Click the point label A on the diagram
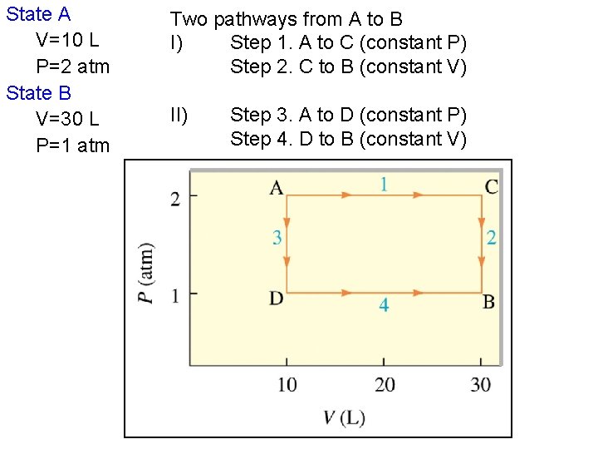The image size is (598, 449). pyautogui.click(x=277, y=187)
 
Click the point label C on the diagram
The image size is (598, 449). pyautogui.click(x=492, y=187)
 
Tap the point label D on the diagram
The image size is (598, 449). pyautogui.click(x=277, y=299)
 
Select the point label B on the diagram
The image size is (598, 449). pyautogui.click(x=489, y=302)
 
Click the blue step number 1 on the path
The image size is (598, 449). pyautogui.click(x=384, y=184)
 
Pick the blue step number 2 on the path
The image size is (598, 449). pyautogui.click(x=492, y=239)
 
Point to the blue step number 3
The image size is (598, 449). pyautogui.click(x=277, y=239)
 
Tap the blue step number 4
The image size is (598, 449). pyautogui.click(x=384, y=306)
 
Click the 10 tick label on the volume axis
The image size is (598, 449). pyautogui.click(x=287, y=384)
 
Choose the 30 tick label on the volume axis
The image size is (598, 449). pyautogui.click(x=480, y=384)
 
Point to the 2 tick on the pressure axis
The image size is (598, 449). pyautogui.click(x=175, y=197)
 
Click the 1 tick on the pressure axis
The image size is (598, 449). pyautogui.click(x=175, y=294)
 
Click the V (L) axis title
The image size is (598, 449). pyautogui.click(x=343, y=417)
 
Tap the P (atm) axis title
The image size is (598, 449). pyautogui.click(x=147, y=274)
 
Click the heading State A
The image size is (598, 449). pyautogui.click(x=38, y=14)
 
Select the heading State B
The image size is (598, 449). pyautogui.click(x=39, y=92)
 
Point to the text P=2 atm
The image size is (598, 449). pyautogui.click(x=73, y=67)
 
